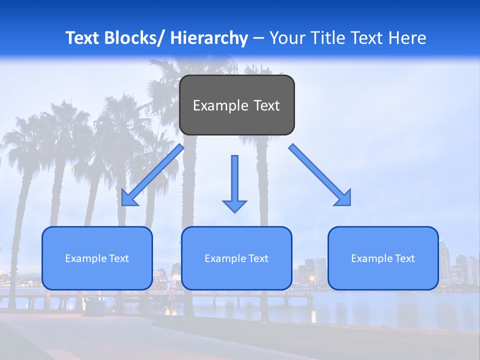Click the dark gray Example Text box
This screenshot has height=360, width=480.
236,105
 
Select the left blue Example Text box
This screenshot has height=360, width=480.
97,258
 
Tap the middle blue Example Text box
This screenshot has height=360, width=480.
236,258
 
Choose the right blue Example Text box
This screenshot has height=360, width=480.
383,258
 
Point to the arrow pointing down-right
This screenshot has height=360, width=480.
319,174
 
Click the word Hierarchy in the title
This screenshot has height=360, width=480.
209,38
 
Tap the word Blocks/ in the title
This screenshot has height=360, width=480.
133,38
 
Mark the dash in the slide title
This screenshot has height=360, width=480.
258,38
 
